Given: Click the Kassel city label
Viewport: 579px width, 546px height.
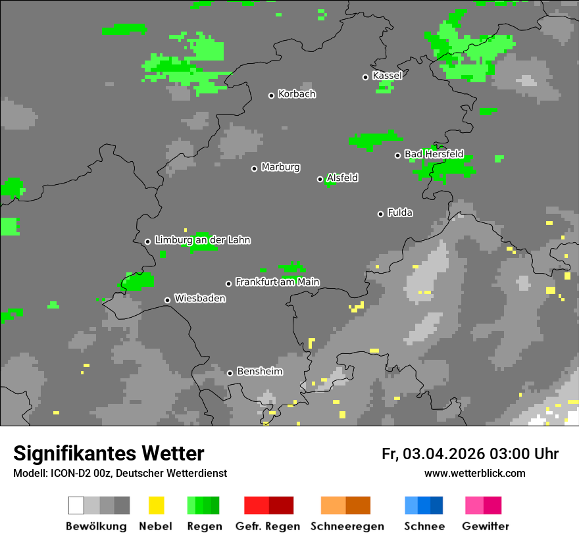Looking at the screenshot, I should pos(387,76).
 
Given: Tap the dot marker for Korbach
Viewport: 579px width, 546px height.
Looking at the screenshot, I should pos(271,95).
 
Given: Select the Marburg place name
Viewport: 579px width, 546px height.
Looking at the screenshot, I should pos(280,167).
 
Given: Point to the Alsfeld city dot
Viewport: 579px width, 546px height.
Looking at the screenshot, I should pos(320,179).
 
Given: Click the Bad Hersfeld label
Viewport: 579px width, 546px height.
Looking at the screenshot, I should pos(434,154).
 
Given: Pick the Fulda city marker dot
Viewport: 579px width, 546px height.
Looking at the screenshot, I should pos(380,214).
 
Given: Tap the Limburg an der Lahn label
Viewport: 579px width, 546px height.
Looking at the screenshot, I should pos(202,240).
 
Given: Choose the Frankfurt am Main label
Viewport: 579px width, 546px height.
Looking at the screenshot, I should pos(277,282).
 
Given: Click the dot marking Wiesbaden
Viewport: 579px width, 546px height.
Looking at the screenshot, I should pos(168,300).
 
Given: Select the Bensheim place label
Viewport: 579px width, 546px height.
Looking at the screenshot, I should pos(259,372).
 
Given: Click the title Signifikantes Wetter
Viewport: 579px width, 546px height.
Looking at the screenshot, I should pos(109,453).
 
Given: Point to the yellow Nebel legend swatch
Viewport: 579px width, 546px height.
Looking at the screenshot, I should pos(156,505).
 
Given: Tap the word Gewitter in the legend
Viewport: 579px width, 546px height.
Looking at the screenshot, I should pos(486,526).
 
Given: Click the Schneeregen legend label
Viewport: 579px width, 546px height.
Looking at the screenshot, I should pos(347,526).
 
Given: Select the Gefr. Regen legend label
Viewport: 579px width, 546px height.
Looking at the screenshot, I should pos(268,526).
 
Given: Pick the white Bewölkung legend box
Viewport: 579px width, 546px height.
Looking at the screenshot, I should pos(76,505).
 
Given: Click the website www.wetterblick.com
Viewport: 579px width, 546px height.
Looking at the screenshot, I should pos(475,473).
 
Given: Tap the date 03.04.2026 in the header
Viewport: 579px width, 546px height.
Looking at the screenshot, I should pos(444,454).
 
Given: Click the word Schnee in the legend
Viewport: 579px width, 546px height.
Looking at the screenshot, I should pos(424,526).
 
